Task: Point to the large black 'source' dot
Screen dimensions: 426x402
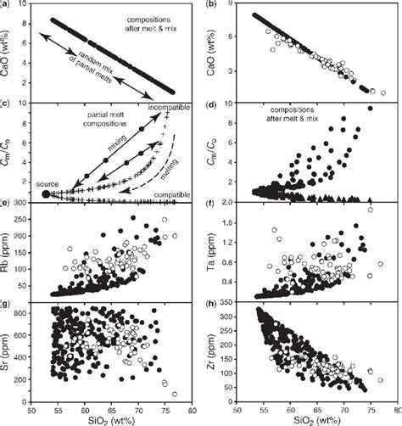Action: point(45,194)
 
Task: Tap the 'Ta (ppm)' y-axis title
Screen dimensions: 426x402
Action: point(209,251)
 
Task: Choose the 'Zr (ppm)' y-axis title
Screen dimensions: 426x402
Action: point(209,351)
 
